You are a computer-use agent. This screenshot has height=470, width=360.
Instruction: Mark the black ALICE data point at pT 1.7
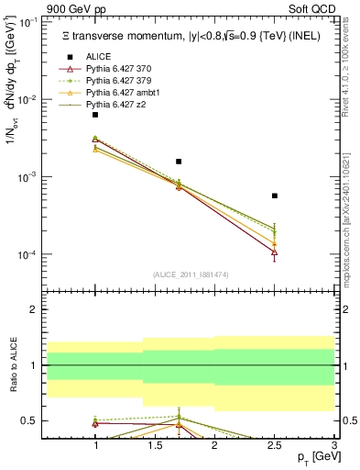click(x=179, y=162)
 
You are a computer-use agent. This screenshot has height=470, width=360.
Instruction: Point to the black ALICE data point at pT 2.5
click(x=275, y=196)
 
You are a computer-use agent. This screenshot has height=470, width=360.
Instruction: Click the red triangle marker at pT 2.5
click(x=275, y=252)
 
